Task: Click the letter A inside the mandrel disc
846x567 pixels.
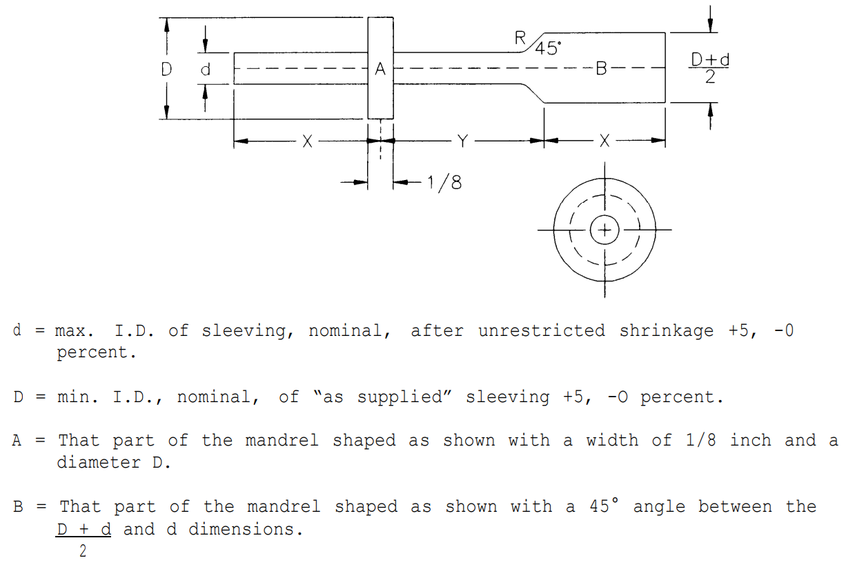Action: [380, 69]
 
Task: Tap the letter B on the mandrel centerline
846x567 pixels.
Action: [601, 69]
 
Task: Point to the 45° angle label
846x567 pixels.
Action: [548, 48]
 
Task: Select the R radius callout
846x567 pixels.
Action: [520, 38]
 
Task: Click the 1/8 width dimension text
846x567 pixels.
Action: [444, 183]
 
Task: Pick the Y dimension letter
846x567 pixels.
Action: [462, 141]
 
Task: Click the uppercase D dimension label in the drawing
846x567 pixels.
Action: [166, 69]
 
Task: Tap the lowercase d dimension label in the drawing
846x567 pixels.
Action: [205, 70]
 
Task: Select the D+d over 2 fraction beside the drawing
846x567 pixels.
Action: [709, 68]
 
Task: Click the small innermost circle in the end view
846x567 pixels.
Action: [604, 215]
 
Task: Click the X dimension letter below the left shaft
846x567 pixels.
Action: [308, 141]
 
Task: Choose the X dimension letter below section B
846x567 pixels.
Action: [604, 141]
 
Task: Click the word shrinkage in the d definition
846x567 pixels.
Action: [666, 331]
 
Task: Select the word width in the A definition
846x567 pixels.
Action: [612, 441]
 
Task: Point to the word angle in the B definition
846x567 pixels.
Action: [659, 507]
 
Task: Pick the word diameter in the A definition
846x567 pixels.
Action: [99, 462]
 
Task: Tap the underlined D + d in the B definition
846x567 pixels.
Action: [83, 529]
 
